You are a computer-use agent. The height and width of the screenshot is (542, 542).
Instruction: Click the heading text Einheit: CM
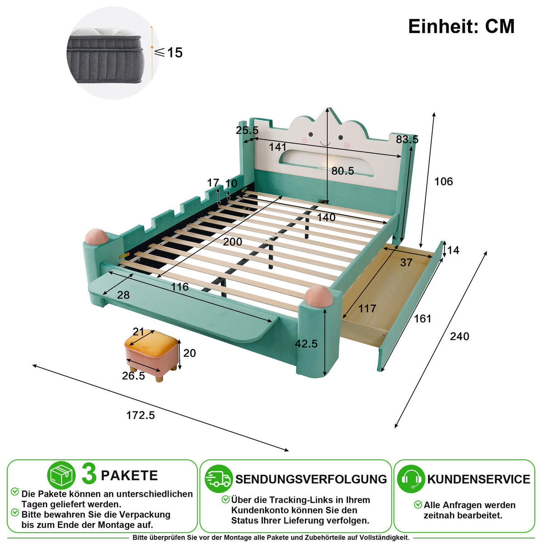coord(461,27)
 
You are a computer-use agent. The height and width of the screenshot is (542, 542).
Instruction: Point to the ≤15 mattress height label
coord(168,52)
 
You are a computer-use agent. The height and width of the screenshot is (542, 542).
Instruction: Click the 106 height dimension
coord(444,182)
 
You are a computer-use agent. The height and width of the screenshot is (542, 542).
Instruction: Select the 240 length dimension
coord(459,336)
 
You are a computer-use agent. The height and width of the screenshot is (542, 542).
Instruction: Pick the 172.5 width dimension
coord(140,415)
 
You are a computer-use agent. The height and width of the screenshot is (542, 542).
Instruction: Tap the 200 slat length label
coord(232,242)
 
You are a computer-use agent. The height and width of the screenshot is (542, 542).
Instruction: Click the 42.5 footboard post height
coord(306,343)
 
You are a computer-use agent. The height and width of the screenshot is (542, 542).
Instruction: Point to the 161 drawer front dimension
coord(422,318)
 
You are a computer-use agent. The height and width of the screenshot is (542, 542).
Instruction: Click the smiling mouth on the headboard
coord(325,143)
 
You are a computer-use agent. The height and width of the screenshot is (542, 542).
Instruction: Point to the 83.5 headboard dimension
coord(407,139)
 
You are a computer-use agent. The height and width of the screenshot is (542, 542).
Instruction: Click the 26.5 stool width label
coord(133,376)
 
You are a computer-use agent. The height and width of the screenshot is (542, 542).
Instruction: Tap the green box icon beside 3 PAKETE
coord(61,475)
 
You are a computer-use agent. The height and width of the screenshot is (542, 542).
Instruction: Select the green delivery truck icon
coord(219,479)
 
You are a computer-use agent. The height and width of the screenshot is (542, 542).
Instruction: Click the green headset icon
coord(411,479)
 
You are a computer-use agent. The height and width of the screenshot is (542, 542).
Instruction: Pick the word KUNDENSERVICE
coord(479,479)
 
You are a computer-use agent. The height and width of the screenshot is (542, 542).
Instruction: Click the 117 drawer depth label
coord(367,308)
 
